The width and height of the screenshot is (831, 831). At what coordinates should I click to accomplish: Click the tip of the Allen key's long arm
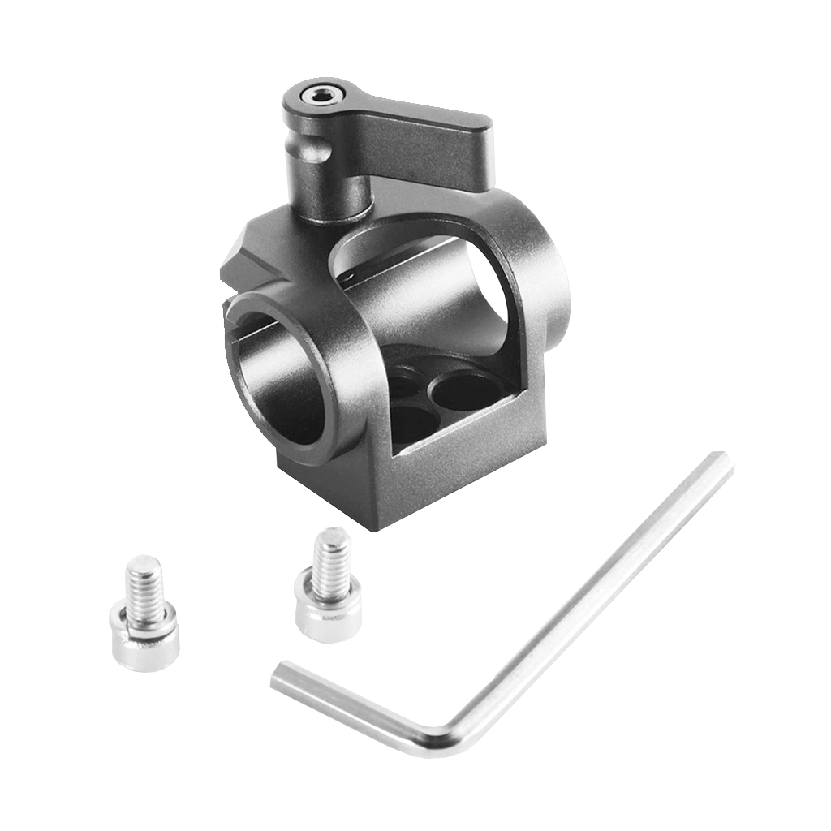pos(718,463)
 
